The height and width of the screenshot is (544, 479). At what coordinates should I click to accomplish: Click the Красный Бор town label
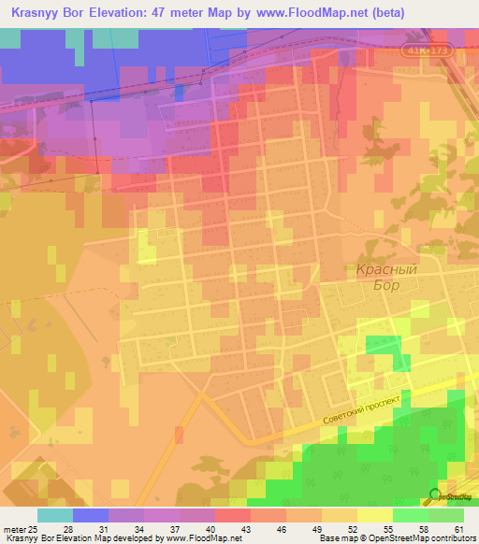click(x=384, y=278)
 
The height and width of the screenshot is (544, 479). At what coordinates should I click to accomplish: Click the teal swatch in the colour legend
click(x=55, y=515)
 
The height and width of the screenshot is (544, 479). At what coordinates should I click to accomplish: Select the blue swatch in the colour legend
click(x=91, y=515)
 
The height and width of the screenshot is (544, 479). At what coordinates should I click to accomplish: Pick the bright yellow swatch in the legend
click(x=375, y=515)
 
